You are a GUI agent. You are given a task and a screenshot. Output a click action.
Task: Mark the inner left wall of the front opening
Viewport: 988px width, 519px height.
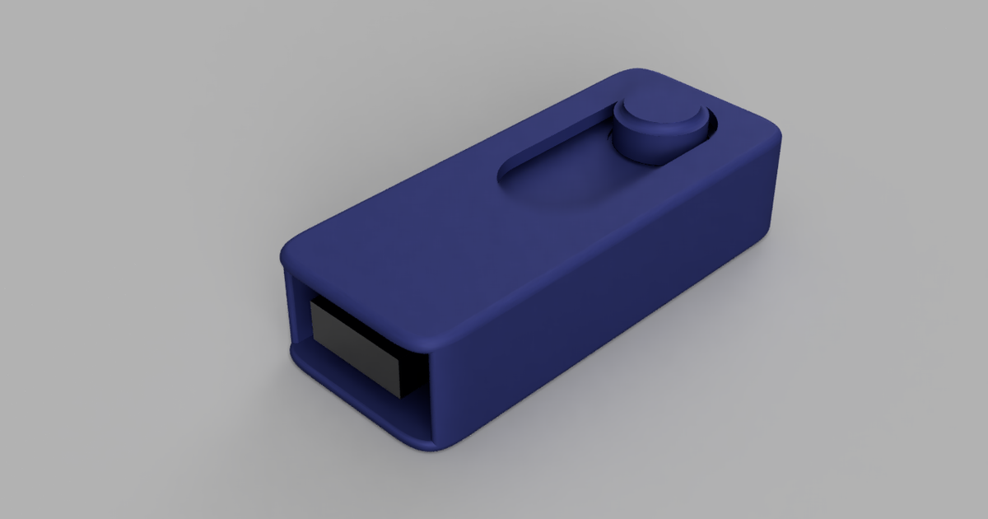[297, 313]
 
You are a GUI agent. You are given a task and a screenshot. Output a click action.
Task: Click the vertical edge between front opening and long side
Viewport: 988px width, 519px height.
[430, 387]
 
